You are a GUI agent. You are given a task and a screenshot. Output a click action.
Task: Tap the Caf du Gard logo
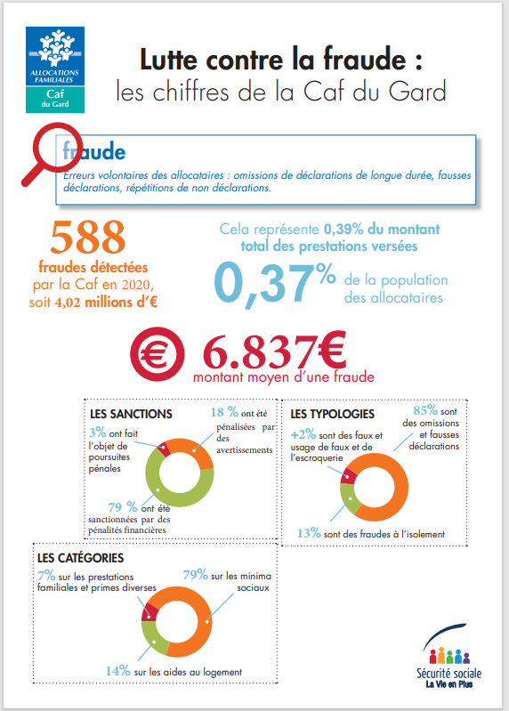55,69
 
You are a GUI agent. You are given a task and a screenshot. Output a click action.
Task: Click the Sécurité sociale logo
448,656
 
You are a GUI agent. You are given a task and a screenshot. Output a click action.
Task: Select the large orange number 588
87,237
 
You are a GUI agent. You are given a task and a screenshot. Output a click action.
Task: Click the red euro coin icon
157,353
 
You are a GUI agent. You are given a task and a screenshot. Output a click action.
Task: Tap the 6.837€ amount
274,351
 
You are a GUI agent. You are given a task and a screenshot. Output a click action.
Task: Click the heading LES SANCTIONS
131,414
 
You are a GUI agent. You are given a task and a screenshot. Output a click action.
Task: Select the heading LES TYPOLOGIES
332,414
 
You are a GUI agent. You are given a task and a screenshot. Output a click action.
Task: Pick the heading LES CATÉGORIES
81,558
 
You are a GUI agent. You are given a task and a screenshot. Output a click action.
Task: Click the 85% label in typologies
425,410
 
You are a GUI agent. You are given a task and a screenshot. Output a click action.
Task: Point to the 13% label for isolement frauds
309,533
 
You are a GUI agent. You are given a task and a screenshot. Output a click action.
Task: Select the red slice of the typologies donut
348,476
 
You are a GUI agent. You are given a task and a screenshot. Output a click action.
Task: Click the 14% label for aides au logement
118,671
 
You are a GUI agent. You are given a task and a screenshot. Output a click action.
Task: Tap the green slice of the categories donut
152,636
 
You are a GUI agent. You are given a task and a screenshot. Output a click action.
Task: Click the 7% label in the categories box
46,576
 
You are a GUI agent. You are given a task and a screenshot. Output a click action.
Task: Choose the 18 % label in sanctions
224,412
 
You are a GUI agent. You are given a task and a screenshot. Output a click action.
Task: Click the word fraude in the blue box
94,151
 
